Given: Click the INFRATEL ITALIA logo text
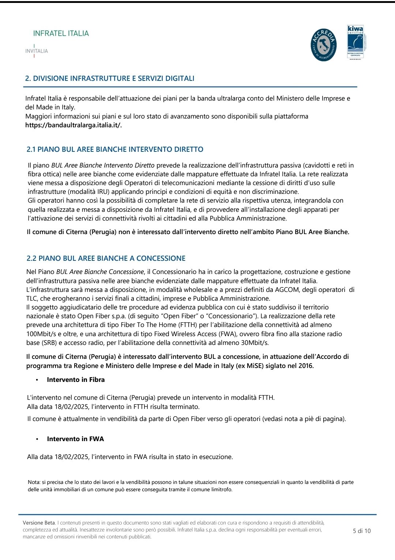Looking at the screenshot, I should pos(61,33).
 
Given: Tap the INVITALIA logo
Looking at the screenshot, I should pos(37,51).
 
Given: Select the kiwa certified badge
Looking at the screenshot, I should pos(355,42).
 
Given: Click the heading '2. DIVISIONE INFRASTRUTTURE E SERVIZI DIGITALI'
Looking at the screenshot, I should pos(110,78).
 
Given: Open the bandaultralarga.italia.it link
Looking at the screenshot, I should pos(73,125).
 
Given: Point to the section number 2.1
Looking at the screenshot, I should pos(31,149).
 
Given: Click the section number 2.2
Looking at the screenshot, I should pos(31,258).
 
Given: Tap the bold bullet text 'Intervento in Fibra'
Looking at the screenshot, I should pos(76,380).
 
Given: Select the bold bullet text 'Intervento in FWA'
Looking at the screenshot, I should pos(75,439).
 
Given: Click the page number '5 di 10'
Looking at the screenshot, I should pos(361,531).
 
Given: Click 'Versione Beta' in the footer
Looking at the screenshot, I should pos(39,523).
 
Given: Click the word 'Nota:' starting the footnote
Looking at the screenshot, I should pos(34,482).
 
